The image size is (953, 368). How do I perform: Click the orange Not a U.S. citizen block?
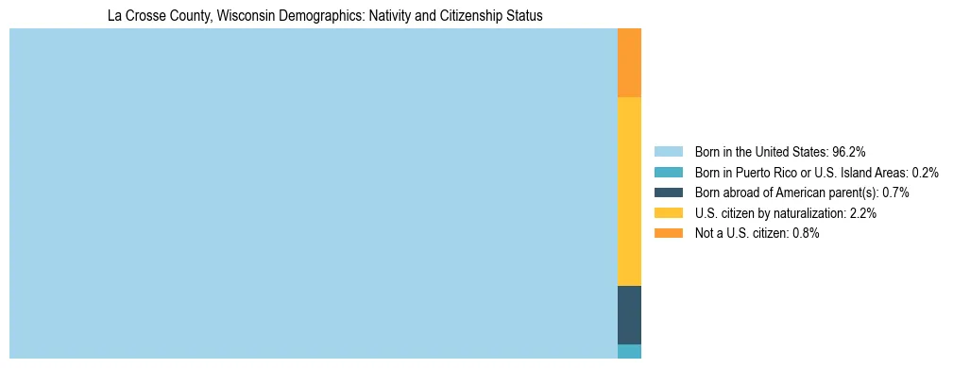point(629,62)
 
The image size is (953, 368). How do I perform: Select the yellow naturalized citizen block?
point(629,191)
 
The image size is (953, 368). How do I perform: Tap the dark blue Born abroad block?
point(629,314)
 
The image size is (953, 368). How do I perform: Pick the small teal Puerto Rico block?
point(629,351)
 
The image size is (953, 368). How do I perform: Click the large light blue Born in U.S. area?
point(313,193)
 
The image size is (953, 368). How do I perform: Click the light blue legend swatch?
point(668,151)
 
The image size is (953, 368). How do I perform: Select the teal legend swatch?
point(668,172)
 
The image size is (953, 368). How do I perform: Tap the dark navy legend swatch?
point(668,192)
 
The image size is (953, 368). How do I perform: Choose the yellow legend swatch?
point(668,213)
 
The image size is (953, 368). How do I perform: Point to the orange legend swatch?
point(668,233)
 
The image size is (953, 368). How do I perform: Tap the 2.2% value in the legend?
point(863,213)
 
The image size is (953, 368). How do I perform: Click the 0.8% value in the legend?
point(806,233)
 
